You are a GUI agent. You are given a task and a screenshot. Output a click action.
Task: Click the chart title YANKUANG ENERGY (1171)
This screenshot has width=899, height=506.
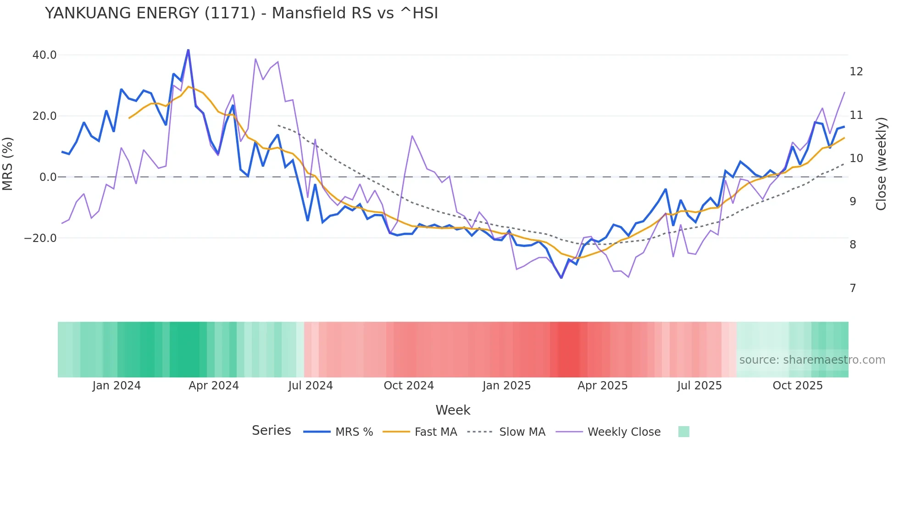point(241,13)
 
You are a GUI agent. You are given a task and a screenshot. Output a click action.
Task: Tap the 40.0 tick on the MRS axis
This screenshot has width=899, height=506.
point(44,55)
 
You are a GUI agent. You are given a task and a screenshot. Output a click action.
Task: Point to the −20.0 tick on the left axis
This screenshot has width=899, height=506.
point(40,238)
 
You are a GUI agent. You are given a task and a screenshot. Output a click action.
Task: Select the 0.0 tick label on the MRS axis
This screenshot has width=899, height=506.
point(48,177)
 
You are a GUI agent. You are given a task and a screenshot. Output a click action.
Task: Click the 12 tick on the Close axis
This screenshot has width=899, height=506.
point(856,72)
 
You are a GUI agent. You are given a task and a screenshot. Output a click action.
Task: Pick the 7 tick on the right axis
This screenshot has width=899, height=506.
point(853,288)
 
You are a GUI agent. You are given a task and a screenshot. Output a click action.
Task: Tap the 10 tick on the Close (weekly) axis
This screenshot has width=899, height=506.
point(856,158)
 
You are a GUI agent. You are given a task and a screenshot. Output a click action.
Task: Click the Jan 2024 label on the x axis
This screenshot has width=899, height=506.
point(117,386)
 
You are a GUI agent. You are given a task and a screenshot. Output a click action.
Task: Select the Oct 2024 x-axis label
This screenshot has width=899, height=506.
point(409,386)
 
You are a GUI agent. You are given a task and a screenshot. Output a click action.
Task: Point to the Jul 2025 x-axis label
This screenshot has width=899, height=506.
point(699,386)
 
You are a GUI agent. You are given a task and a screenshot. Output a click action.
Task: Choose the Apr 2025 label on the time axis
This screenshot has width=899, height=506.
point(602,386)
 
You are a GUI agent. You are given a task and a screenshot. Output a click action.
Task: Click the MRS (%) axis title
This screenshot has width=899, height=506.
point(8,163)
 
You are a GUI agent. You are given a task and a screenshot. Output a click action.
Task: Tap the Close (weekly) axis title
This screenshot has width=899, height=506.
point(881,163)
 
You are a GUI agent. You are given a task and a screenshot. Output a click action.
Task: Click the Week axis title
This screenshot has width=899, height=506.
point(453,410)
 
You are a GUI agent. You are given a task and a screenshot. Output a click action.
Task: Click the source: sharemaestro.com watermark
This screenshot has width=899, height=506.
point(812,360)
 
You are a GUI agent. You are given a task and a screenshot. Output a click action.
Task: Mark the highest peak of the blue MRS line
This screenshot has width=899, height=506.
point(188,50)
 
